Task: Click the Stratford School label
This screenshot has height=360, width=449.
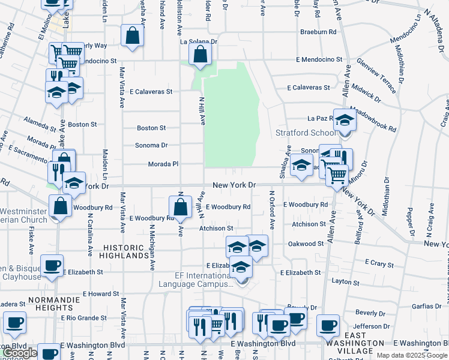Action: click(x=306, y=133)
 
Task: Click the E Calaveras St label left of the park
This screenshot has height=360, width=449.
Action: click(x=146, y=92)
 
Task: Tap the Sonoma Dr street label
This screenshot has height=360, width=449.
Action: click(x=152, y=145)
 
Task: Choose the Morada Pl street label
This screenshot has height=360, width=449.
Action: click(x=163, y=164)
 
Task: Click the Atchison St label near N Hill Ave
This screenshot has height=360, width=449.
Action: click(x=216, y=229)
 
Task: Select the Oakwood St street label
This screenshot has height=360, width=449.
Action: click(x=306, y=244)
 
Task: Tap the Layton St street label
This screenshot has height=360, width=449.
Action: click(x=345, y=281)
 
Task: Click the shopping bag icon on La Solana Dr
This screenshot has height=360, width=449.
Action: click(x=200, y=54)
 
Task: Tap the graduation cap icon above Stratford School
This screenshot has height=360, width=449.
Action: click(x=345, y=120)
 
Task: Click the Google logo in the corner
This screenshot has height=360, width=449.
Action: click(x=20, y=353)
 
